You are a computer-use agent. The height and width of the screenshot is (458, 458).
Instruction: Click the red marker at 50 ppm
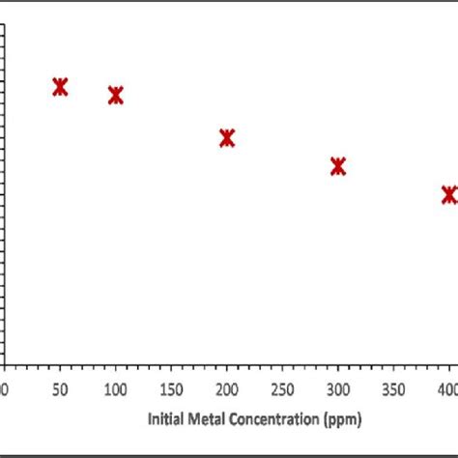click(x=60, y=87)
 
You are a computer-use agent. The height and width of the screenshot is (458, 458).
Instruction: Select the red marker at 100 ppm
click(x=116, y=95)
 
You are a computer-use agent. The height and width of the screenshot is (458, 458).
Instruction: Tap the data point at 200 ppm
click(x=227, y=138)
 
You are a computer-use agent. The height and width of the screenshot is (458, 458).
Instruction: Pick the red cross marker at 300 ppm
click(x=338, y=166)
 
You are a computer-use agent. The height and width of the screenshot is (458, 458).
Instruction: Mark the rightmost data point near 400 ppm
click(x=448, y=194)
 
